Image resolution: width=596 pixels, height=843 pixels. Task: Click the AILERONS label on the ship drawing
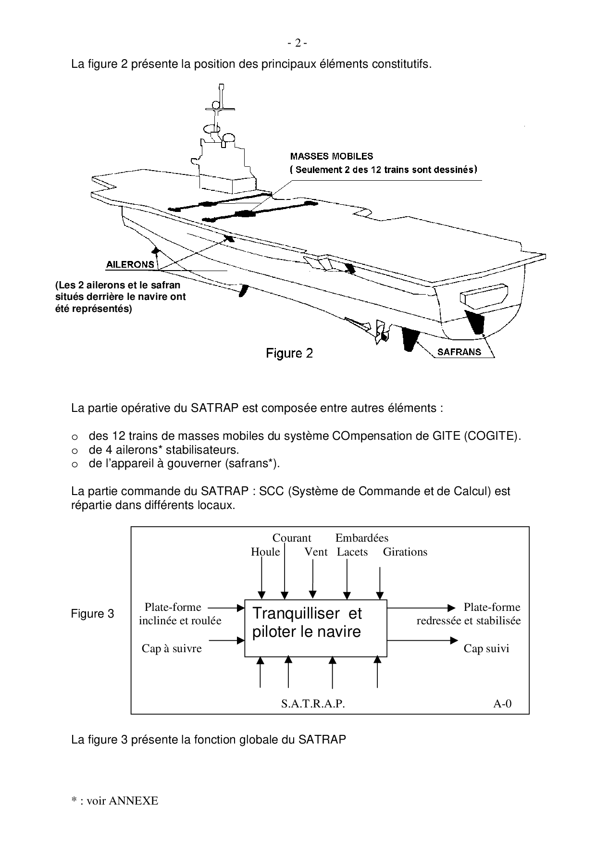point(130,264)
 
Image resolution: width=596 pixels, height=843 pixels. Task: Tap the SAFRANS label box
point(459,352)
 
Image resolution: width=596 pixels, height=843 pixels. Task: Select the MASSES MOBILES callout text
point(332,156)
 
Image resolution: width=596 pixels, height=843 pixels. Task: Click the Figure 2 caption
point(290,354)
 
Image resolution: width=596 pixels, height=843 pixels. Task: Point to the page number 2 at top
point(298,43)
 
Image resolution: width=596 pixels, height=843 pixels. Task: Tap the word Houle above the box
point(265,552)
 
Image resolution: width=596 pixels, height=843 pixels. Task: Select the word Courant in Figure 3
point(292,538)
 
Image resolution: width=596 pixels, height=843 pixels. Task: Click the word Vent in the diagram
point(316,552)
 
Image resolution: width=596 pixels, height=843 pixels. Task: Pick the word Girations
point(405,552)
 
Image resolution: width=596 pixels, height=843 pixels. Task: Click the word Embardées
point(361,538)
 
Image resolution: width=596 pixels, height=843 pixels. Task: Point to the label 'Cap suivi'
point(486,648)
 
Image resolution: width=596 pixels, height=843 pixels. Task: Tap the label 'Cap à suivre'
point(172,648)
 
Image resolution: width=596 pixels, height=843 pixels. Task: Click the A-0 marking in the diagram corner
point(502,704)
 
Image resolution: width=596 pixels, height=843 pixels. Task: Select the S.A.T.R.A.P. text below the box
point(313,704)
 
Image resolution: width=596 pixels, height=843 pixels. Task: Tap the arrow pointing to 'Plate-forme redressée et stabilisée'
point(421,607)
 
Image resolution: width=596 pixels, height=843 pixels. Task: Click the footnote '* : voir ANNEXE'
point(114,801)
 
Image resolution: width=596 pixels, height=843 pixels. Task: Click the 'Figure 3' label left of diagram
point(93,614)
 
